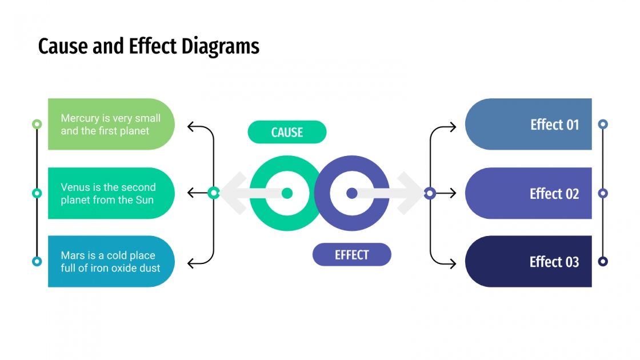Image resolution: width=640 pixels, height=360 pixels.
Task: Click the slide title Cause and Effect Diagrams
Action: [149, 46]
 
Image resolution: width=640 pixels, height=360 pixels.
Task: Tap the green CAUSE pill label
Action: [287, 132]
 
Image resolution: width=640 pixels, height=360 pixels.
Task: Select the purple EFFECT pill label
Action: [351, 255]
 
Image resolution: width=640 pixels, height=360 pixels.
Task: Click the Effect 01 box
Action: [529, 124]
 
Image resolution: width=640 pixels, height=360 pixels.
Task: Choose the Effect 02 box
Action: [529, 193]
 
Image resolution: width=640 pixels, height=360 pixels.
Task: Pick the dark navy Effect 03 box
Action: [529, 262]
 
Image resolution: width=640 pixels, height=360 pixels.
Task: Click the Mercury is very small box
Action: [111, 124]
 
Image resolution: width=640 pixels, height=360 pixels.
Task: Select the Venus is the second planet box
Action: [111, 193]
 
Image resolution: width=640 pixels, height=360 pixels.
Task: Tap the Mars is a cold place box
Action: [111, 262]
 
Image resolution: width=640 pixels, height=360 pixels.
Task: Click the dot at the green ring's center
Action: [287, 193]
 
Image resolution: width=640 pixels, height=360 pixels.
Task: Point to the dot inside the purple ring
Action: [352, 193]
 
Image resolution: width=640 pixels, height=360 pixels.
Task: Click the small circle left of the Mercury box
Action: [37, 124]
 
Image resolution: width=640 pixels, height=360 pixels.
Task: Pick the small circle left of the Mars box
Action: [37, 262]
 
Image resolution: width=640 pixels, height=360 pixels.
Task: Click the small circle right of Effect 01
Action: [602, 124]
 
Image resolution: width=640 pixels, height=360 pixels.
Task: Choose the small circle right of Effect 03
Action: [602, 262]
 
